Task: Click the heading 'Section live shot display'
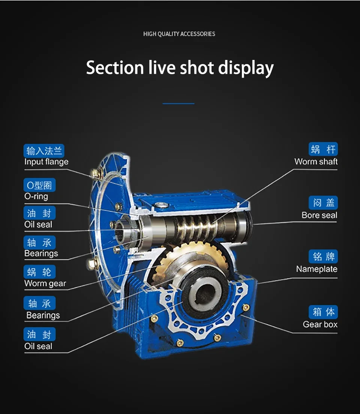(180, 68)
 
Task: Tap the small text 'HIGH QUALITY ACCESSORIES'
(179, 34)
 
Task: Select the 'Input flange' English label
(46, 162)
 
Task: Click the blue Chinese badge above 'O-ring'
(39, 185)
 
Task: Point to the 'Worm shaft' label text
(316, 161)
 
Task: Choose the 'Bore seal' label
(319, 215)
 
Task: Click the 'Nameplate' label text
(316, 269)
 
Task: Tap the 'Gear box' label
(320, 324)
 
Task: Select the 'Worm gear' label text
(45, 284)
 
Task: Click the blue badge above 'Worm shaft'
(323, 149)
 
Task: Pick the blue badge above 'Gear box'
(323, 312)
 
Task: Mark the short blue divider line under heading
(178, 103)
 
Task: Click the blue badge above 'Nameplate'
(323, 257)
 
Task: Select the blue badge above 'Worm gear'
(39, 272)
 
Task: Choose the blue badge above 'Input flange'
(44, 151)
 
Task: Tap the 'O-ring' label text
(36, 196)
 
